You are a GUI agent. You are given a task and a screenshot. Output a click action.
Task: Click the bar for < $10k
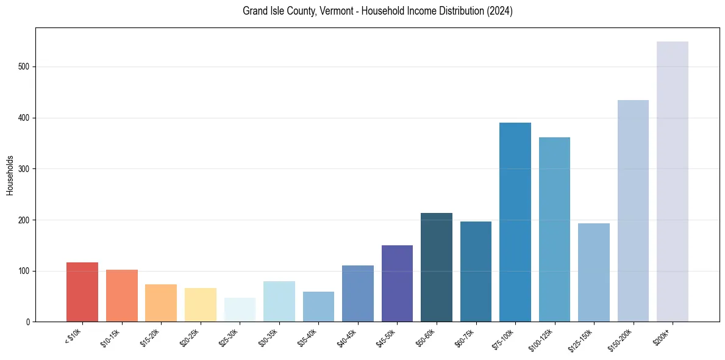click(82, 292)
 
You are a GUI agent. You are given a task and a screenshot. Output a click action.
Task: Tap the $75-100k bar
click(515, 222)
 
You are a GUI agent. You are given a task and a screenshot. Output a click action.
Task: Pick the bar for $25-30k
click(240, 309)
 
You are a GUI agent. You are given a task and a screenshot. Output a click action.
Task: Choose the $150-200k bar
click(633, 211)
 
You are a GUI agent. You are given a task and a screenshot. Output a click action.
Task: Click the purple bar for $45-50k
click(397, 283)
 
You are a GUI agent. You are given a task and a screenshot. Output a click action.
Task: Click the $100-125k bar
click(554, 229)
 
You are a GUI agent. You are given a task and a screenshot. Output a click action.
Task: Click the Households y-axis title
click(10, 175)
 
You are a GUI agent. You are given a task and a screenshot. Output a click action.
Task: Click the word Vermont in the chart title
click(332, 11)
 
